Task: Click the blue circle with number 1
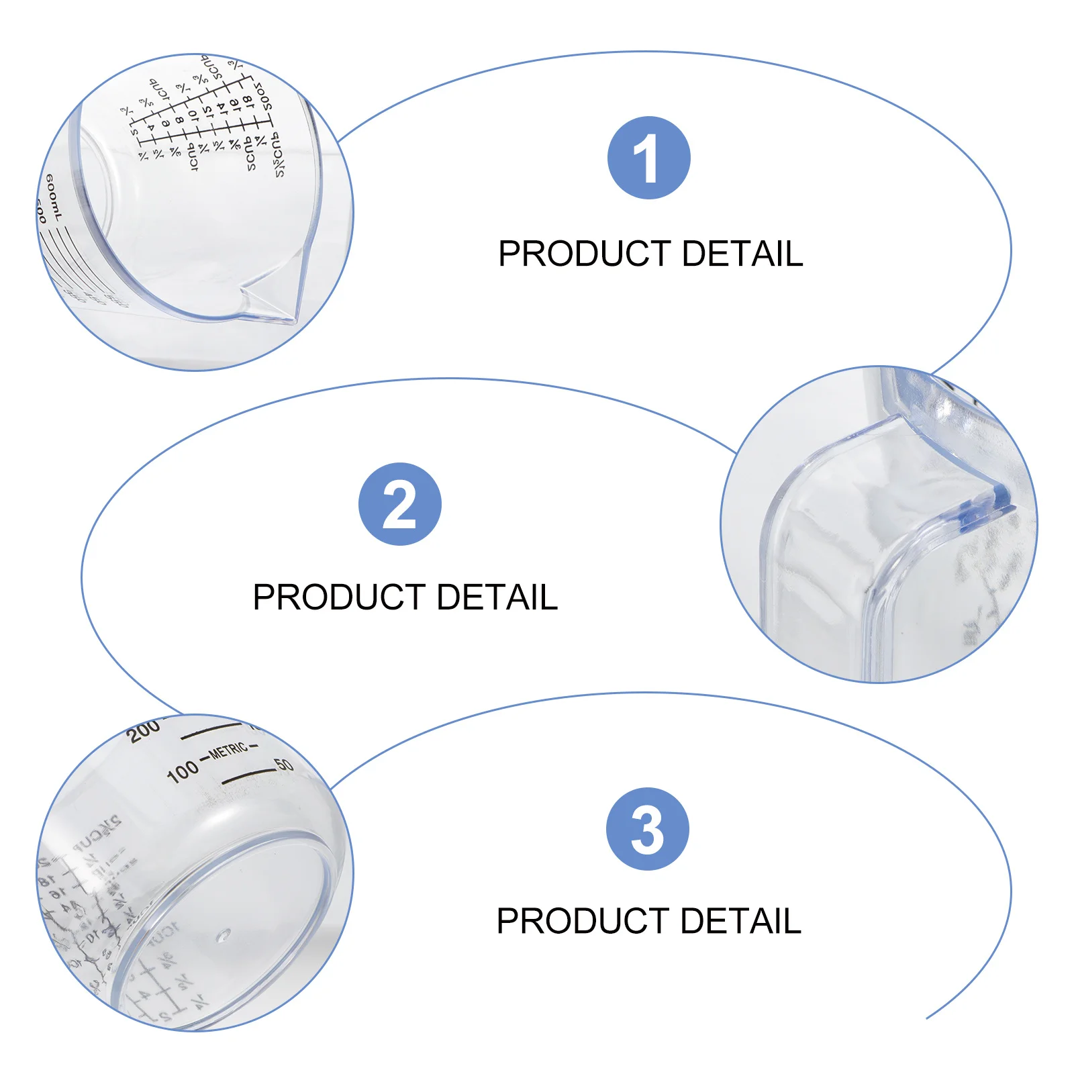648,158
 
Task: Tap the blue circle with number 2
399,503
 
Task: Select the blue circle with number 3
647,829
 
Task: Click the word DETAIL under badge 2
497,597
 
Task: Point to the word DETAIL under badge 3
740,921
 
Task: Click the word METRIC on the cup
228,750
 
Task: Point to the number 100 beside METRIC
183,771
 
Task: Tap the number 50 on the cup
284,765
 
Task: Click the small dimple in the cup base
223,934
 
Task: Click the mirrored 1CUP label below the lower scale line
193,156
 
